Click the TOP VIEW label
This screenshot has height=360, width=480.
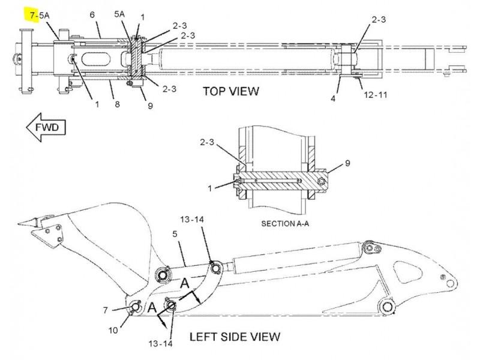point(230,91)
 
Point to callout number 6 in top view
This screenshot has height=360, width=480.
point(92,14)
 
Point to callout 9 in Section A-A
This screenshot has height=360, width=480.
point(347,163)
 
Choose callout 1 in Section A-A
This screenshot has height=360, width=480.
point(210,188)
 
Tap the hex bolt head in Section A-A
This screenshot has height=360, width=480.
point(323,181)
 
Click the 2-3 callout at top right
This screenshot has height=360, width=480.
point(379,20)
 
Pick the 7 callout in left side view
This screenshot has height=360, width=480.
point(106,310)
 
